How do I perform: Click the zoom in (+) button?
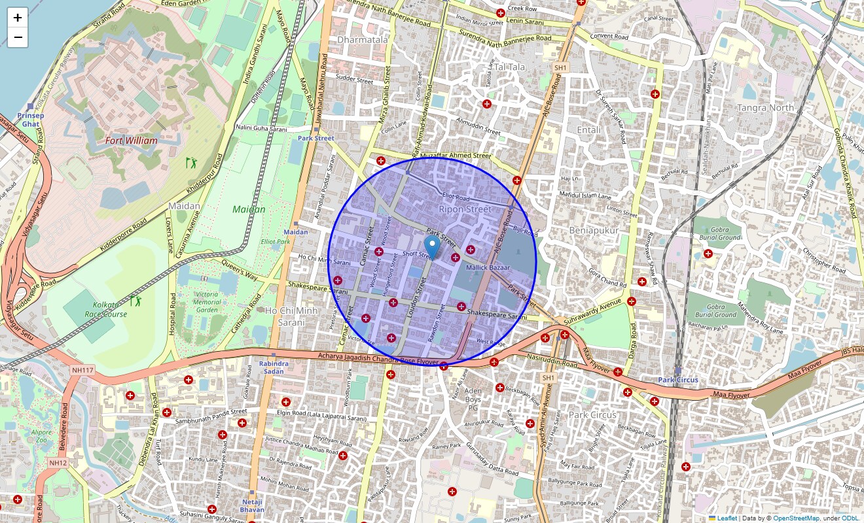pos(18,18)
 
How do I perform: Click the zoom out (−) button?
pos(18,37)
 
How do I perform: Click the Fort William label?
pos(131,141)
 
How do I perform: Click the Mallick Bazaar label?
pos(488,268)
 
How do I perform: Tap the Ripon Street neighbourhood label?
pos(465,209)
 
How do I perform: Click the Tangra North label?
pos(765,108)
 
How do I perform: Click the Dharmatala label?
pos(363,39)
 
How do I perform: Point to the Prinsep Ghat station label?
pos(31,119)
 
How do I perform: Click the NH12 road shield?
pos(58,463)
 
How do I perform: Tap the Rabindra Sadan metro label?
pos(274,367)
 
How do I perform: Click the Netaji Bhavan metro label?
pos(252,505)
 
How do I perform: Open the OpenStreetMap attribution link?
pos(796,518)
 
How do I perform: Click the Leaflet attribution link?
pos(727,518)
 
